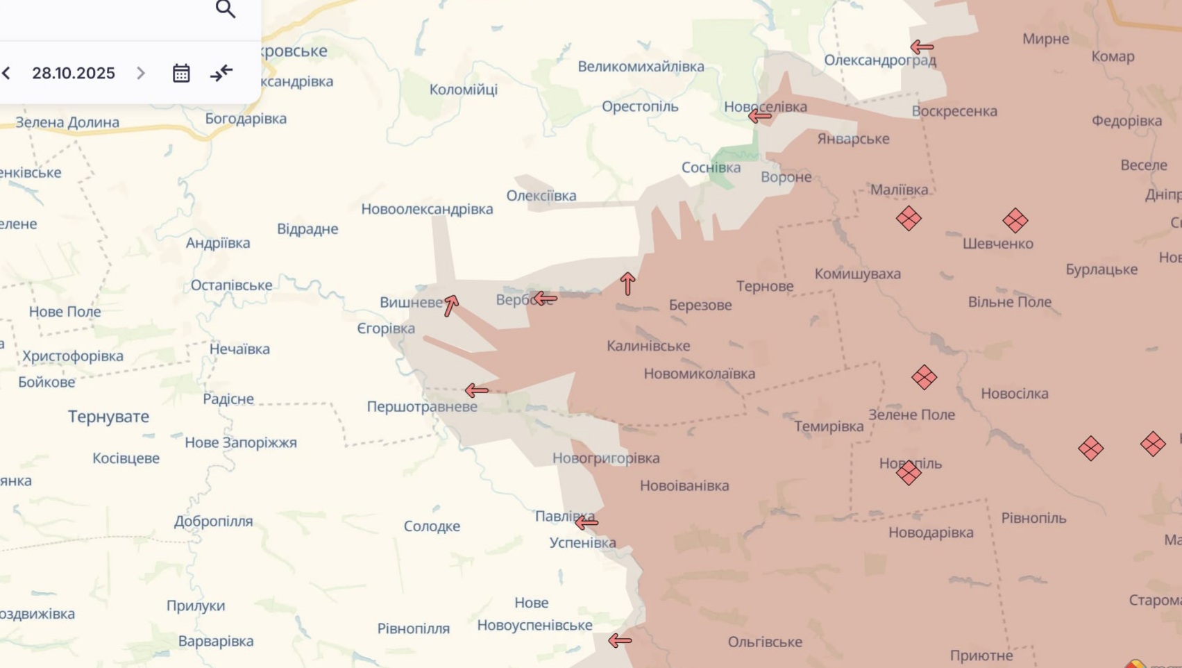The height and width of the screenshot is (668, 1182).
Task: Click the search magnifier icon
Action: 226,9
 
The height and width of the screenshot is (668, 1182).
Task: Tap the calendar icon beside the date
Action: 181,73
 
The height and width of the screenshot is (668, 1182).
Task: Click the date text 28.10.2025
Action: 74,73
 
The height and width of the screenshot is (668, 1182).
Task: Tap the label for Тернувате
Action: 108,417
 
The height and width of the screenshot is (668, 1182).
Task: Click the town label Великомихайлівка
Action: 641,67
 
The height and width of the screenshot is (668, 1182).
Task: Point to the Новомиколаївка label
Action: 699,374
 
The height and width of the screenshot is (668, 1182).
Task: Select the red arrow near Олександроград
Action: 922,47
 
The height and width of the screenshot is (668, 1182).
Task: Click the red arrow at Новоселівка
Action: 760,116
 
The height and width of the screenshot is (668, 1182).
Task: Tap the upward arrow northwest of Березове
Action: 628,283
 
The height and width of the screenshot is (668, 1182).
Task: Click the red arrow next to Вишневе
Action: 451,305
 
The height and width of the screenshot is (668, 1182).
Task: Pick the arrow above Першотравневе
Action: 477,390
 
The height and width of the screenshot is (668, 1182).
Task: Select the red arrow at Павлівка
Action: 586,522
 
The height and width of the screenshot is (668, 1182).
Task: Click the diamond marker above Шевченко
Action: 1015,221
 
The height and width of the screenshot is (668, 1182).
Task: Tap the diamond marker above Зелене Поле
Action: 924,377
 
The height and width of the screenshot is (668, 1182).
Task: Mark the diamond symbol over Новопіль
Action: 909,473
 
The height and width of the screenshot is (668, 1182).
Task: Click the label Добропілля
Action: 213,521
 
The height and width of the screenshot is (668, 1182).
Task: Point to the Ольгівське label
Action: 765,642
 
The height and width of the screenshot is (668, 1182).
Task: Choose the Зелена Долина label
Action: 67,122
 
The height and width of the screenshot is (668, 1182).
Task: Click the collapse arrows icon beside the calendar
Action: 221,73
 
